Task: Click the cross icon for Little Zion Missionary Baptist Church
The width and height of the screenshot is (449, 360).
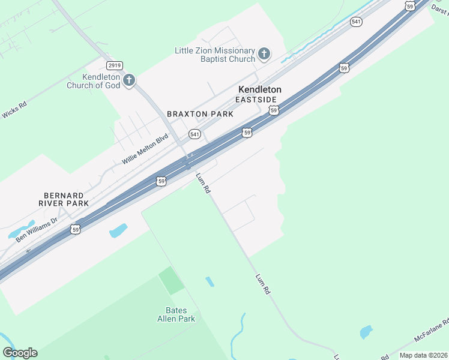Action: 264,55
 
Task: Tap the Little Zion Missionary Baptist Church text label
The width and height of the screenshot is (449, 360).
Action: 215,55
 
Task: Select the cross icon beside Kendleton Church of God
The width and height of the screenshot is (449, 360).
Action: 128,80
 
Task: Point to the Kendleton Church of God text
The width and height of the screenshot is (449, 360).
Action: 101,81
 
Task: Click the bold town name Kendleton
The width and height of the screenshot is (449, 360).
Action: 260,89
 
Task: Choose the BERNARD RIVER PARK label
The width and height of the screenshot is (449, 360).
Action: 64,199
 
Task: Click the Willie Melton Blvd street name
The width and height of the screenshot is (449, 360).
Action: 145,150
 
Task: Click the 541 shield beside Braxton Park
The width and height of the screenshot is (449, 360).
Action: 194,134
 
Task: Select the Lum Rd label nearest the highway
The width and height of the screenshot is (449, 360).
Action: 203,183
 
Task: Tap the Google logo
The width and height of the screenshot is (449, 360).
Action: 20,353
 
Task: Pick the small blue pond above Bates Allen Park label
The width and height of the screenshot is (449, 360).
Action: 209,281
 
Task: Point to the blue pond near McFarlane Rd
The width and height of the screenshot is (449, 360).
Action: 366,332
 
